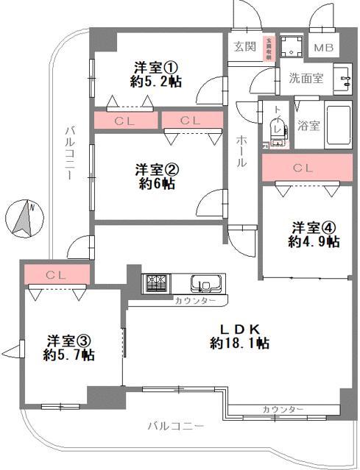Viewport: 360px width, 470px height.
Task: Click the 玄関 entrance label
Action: click(244, 46)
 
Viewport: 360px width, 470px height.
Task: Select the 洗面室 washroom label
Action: click(306, 78)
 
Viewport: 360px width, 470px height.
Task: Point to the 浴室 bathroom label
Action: click(308, 124)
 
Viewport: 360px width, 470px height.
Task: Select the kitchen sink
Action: click(205, 284)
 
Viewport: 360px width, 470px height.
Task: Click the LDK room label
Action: click(239, 329)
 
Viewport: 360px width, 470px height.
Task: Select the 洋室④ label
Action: click(313, 227)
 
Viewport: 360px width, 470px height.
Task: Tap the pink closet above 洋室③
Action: click(56, 274)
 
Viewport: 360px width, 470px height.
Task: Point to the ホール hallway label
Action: click(241, 151)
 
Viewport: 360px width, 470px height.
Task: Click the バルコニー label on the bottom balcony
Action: click(174, 426)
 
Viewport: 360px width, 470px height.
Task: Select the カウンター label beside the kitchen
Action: click(195, 301)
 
